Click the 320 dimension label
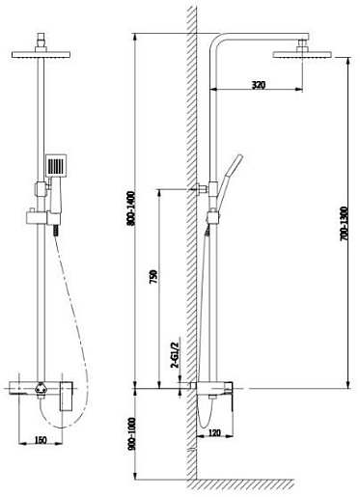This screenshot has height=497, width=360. [x=259, y=85]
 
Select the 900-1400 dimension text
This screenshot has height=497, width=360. [x=132, y=208]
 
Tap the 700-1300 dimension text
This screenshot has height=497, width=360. [x=344, y=224]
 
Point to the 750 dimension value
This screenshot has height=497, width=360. [x=153, y=277]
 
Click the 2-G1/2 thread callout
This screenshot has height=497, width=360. [x=176, y=355]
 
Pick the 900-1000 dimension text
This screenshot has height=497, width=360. [x=132, y=433]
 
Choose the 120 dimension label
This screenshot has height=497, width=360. [x=214, y=432]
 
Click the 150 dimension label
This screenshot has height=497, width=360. [x=41, y=439]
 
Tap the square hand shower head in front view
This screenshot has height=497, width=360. [x=56, y=165]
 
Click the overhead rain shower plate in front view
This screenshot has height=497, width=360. [x=41, y=54]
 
